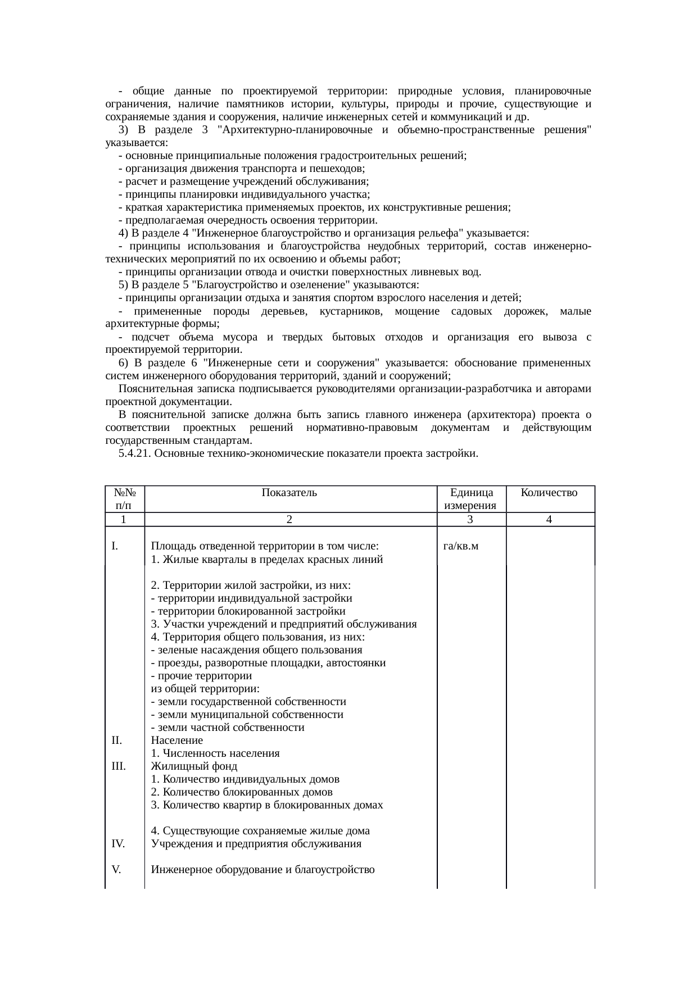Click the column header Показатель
click(289, 493)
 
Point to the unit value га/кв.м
click(460, 546)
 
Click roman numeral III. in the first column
click(119, 766)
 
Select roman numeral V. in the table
click(116, 870)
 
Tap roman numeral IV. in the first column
click(118, 844)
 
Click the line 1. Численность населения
click(215, 753)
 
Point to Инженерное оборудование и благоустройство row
click(262, 870)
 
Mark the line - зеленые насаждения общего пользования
click(256, 650)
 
